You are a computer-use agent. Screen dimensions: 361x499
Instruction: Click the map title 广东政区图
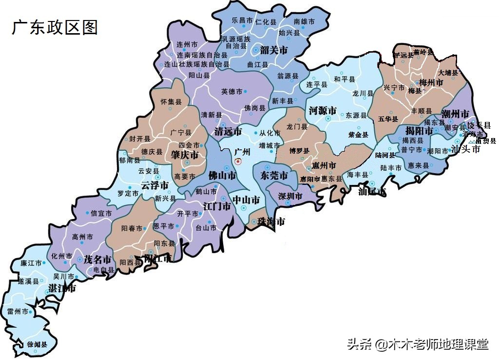pyautogui.click(x=54, y=27)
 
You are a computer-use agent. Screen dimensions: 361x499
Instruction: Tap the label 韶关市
pyautogui.click(x=274, y=50)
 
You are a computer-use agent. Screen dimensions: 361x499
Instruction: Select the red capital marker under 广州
pyautogui.click(x=238, y=161)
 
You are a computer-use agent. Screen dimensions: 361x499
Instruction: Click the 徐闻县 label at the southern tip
pyautogui.click(x=37, y=344)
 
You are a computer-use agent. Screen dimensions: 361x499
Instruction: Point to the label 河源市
pyautogui.click(x=323, y=111)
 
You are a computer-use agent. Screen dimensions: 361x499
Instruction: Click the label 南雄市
pyautogui.click(x=304, y=22)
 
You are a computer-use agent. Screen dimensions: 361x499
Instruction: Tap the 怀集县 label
pyautogui.click(x=171, y=102)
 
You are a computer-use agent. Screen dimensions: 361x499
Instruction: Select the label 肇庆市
pyautogui.click(x=185, y=156)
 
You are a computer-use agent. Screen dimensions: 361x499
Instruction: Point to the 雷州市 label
pyautogui.click(x=18, y=311)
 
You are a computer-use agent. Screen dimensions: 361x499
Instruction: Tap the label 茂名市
pyautogui.click(x=98, y=259)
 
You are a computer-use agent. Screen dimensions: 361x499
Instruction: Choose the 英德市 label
pyautogui.click(x=232, y=91)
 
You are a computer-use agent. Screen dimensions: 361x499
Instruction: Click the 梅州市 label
pyautogui.click(x=431, y=83)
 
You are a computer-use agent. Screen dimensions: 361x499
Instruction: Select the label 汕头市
pyautogui.click(x=465, y=149)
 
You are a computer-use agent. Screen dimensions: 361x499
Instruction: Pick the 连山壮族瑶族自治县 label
pyautogui.click(x=197, y=64)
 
